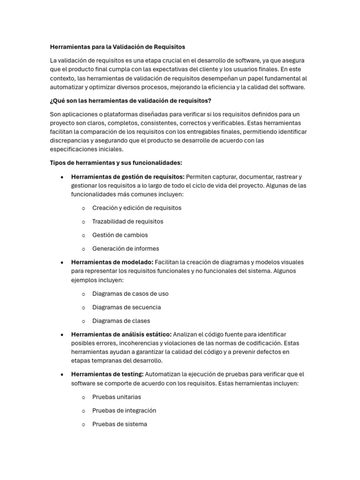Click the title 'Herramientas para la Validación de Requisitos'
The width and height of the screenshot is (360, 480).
tap(117, 47)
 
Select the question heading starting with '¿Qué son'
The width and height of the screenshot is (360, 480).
tap(130, 101)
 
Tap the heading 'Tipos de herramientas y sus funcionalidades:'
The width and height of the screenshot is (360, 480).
tap(116, 163)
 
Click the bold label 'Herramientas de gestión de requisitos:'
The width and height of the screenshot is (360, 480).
tap(127, 177)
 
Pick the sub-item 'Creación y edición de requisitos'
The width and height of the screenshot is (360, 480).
tap(136, 208)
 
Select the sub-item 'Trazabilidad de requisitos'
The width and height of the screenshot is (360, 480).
tap(127, 221)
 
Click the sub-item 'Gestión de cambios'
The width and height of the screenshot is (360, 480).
tap(120, 235)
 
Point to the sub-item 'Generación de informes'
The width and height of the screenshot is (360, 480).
tap(126, 248)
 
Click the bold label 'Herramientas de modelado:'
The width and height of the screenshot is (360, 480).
tap(112, 262)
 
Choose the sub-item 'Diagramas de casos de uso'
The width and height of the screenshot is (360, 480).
tap(130, 293)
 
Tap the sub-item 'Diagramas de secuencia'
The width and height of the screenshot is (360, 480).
tap(127, 307)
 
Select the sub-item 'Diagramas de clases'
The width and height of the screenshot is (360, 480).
tap(121, 321)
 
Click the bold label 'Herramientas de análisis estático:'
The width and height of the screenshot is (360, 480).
tap(121, 334)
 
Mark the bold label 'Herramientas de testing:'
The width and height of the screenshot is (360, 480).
tap(107, 374)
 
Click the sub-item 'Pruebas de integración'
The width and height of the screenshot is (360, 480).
tap(124, 410)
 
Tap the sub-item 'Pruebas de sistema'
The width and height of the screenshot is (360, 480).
tap(120, 424)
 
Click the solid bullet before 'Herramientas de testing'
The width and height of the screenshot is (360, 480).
tap(62, 375)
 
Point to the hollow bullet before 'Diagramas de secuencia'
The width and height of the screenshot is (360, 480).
tap(83, 307)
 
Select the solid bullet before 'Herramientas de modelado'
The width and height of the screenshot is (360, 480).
tap(62, 262)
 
